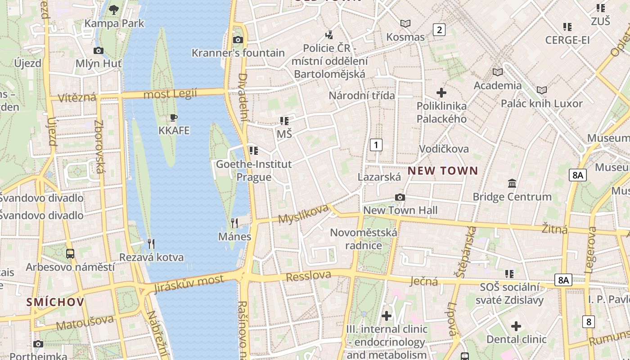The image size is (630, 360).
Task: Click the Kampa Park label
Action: [114, 23]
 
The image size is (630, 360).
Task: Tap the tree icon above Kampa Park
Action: [114, 9]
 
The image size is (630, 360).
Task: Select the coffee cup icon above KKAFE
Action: [174, 118]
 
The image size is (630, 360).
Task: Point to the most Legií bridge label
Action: [170, 94]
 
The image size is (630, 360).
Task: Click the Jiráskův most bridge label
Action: [189, 283]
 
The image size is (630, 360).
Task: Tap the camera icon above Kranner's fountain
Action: [238, 40]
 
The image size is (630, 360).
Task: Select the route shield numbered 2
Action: [439, 30]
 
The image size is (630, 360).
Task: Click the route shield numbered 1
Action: [376, 145]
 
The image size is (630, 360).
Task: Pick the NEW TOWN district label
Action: [442, 171]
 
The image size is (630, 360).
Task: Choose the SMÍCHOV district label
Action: [55, 301]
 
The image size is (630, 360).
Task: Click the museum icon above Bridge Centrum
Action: [512, 184]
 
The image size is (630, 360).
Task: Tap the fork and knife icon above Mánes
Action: [234, 223]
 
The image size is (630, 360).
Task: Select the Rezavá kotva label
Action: [151, 257]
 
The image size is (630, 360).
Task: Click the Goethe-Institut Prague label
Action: [254, 170]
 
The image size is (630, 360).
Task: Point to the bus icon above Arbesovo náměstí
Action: [70, 253]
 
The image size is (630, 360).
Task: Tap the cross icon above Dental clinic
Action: [516, 326]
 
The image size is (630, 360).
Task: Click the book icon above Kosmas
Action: [405, 23]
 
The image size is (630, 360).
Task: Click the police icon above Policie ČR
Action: [330, 35]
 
